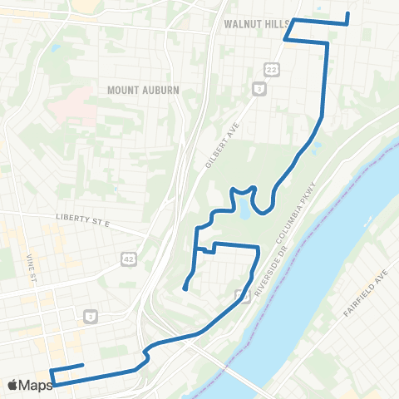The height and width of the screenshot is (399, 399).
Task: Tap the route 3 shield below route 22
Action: pos(259,86)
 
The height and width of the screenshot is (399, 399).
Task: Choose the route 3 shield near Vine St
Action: pos(88,316)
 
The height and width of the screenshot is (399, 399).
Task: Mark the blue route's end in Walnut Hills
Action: pos(347,14)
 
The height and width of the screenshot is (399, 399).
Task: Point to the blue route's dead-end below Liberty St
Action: pos(185,289)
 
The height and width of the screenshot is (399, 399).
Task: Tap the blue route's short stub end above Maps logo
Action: pos(83,365)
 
